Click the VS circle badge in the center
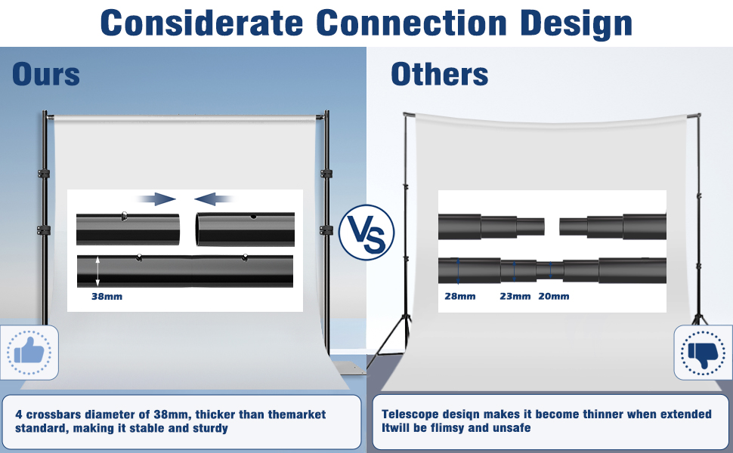tap(366, 232)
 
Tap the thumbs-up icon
tap(29, 352)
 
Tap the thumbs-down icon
tap(703, 353)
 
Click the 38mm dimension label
tap(107, 297)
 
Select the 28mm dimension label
tap(460, 296)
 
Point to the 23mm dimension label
tap(515, 296)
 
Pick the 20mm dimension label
tap(553, 296)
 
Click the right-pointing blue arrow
tap(157, 199)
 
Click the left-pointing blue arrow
tap(213, 199)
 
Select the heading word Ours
tap(46, 74)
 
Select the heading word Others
tap(440, 74)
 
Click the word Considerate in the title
tap(202, 23)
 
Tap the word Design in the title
tap(576, 24)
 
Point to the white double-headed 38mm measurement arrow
tap(97, 271)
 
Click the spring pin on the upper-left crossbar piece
tap(124, 216)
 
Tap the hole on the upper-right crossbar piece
tap(253, 217)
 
